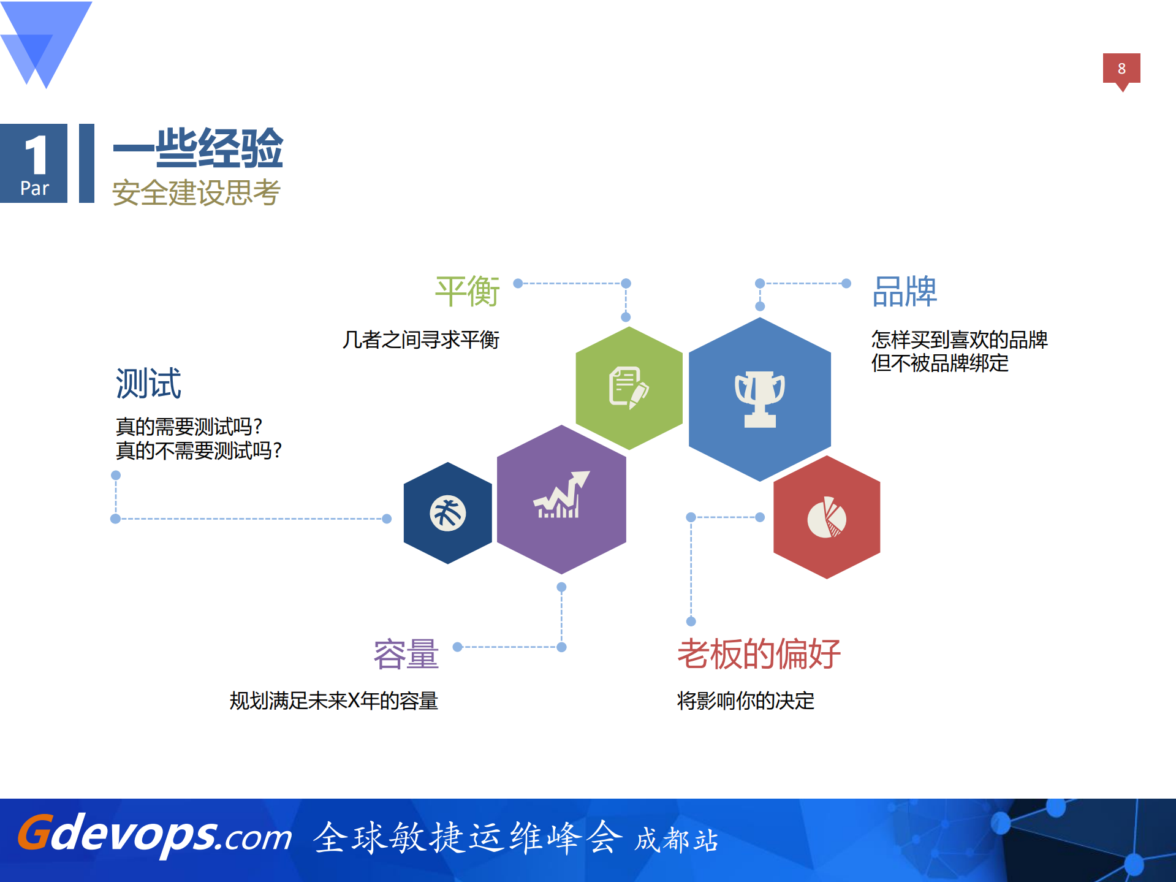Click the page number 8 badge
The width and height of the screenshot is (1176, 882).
1121,69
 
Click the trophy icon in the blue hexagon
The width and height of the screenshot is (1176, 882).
760,399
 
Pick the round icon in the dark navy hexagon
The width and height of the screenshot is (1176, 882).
448,513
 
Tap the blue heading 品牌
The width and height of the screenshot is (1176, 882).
905,292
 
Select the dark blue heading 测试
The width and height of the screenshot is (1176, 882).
148,383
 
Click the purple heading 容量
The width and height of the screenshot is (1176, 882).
406,653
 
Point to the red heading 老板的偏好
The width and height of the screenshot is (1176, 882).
759,653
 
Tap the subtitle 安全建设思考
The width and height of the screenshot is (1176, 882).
196,192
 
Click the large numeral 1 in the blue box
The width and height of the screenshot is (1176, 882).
36,155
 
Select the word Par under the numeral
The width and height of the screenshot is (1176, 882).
34,188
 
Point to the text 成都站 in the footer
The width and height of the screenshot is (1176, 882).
676,840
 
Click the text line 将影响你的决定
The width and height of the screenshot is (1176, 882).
745,701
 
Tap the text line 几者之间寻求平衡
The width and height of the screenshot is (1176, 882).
421,340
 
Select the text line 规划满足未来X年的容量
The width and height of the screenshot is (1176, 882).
333,701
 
